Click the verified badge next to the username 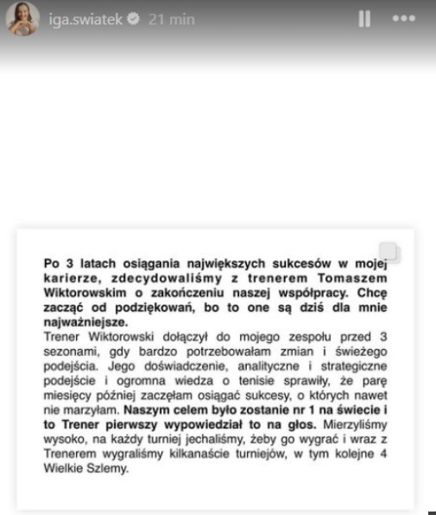coord(133,20)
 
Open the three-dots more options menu coord(403,19)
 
